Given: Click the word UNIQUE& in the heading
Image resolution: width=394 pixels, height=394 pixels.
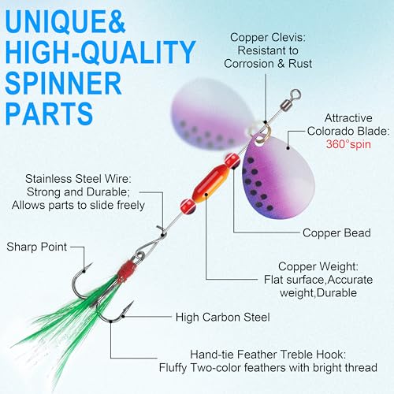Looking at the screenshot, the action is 65,22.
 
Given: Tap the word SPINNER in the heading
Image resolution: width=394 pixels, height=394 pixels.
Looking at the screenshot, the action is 63,83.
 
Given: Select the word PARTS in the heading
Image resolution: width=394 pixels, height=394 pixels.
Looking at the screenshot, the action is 49,113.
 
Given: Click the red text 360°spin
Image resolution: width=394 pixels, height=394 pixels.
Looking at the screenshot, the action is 348,144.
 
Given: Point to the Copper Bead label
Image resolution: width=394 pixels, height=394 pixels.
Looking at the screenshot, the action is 336,233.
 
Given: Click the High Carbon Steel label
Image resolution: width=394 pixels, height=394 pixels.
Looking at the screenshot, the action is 223,317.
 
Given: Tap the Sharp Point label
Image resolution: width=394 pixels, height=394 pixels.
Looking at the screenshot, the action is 37,247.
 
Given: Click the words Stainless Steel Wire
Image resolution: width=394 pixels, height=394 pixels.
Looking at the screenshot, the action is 78,179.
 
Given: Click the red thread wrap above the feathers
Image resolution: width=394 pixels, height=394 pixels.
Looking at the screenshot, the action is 127,271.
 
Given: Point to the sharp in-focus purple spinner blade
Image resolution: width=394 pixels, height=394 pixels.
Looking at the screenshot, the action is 277,176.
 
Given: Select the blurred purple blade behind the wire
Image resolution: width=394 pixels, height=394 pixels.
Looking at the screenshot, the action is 211,113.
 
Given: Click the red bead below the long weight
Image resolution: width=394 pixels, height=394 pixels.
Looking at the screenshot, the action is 188,206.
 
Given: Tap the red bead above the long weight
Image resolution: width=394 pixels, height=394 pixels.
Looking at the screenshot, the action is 232,161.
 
